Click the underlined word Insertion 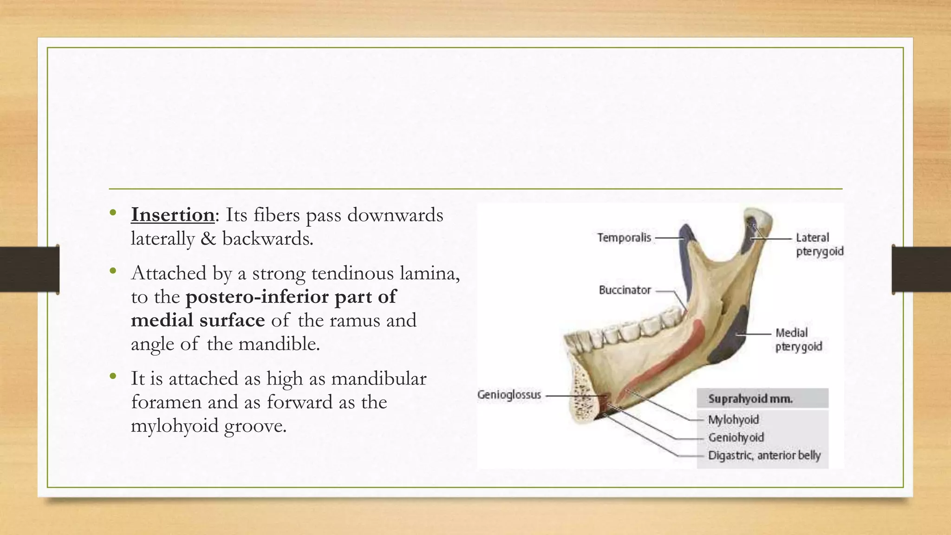[172, 215]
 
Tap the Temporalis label [624, 238]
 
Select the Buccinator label [625, 290]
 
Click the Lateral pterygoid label [819, 244]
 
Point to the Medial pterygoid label [798, 339]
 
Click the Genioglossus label [509, 395]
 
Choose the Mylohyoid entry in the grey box [733, 420]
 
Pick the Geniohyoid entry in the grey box [736, 437]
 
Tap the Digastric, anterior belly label [764, 456]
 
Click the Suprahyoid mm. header [750, 399]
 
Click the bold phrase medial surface [198, 320]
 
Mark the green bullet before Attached [113, 271]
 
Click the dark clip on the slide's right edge [920, 269]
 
